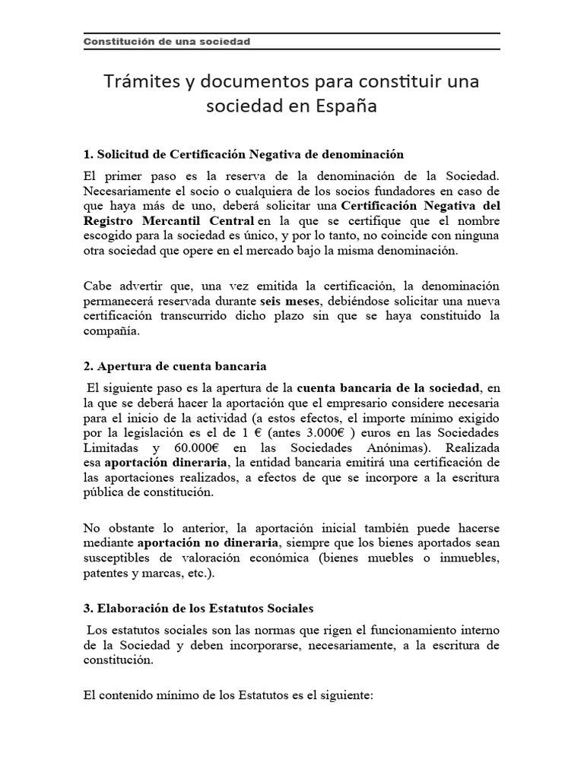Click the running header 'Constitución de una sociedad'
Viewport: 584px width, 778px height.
167,41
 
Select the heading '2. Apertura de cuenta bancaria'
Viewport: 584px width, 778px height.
175,365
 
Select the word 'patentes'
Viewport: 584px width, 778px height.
106,574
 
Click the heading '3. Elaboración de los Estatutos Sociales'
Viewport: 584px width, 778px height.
198,609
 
